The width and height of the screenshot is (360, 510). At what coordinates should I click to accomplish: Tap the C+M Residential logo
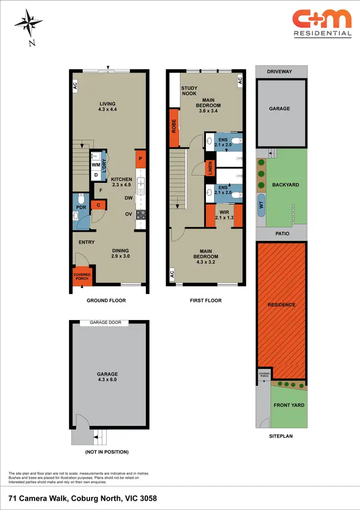(x=322, y=24)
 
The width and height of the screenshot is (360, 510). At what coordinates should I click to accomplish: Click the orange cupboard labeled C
(x=98, y=205)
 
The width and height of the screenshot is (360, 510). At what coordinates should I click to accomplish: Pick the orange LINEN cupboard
(x=210, y=168)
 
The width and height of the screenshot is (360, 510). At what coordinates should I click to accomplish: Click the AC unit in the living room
(x=75, y=86)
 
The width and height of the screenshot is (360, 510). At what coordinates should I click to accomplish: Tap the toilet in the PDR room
(x=81, y=199)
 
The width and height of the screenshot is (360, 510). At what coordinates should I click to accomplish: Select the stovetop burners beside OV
(x=140, y=215)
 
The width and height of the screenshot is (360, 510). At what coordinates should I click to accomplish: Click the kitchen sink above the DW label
(x=140, y=183)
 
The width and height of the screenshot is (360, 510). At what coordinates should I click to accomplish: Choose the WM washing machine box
(x=96, y=165)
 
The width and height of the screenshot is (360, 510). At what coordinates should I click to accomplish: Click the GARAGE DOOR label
(x=109, y=322)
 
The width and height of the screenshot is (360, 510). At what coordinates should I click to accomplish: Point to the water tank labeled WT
(x=261, y=205)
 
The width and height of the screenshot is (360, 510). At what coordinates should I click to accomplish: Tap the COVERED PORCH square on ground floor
(x=82, y=276)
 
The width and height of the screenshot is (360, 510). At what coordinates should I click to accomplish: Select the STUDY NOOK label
(x=189, y=91)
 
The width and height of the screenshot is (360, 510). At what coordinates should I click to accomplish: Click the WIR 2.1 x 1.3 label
(x=224, y=214)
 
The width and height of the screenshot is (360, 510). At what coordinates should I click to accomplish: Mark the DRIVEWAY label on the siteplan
(x=281, y=71)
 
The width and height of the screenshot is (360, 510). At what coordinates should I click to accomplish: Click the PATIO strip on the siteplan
(x=280, y=234)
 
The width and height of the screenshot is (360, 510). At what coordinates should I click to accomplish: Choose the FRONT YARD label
(x=289, y=405)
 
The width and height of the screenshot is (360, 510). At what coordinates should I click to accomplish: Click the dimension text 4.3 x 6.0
(x=107, y=380)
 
